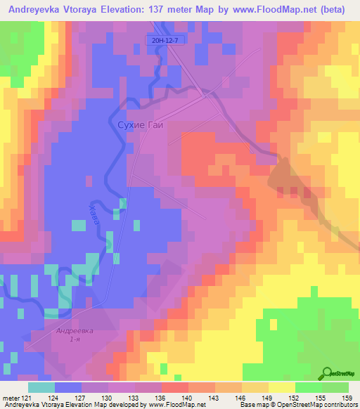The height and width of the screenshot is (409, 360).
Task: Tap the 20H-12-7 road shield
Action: (163, 41)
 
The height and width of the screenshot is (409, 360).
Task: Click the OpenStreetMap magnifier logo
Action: (328, 373)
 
